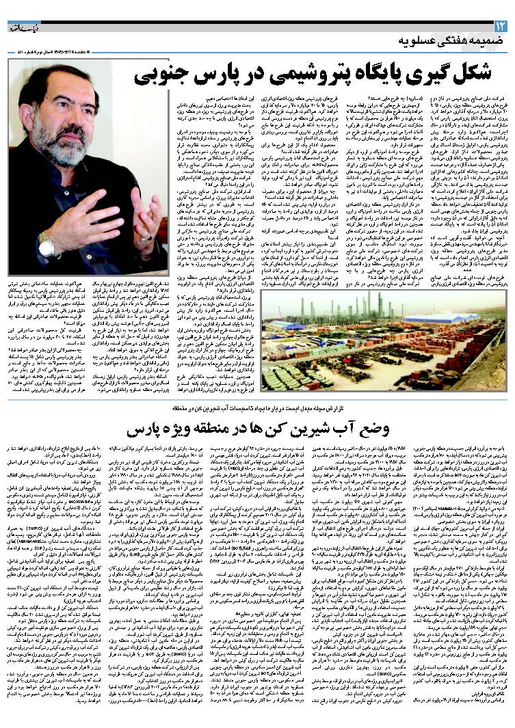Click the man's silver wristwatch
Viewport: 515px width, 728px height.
[x=47, y=244]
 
